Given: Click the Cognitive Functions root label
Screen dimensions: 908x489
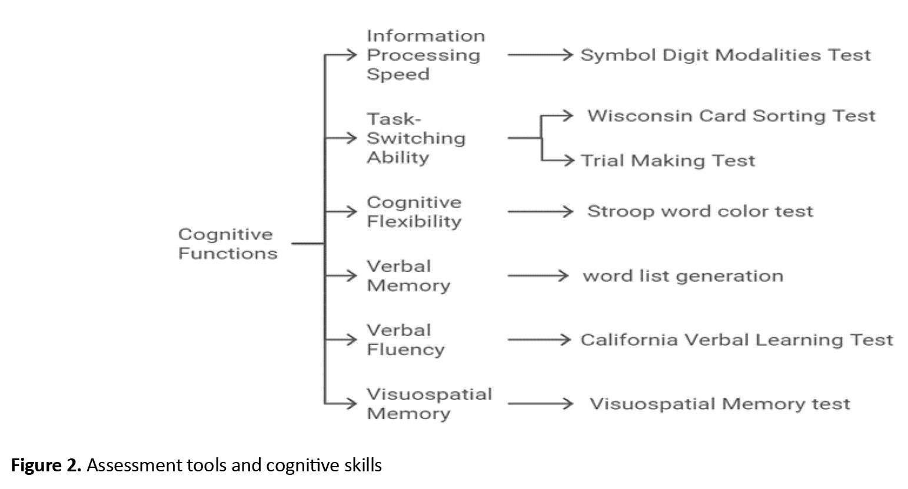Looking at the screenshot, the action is point(228,244).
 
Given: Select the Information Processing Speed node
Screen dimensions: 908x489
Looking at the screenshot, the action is point(425,55).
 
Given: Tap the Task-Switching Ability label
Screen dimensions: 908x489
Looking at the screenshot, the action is point(416,138).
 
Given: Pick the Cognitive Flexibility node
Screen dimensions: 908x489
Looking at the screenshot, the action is point(414,212).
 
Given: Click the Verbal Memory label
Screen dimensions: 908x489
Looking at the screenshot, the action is point(408,276).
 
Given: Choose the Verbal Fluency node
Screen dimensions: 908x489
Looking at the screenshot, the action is point(405,340).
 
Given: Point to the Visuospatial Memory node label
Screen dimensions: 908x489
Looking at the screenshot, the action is point(429,404).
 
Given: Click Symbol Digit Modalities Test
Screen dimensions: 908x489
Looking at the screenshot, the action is point(726,55).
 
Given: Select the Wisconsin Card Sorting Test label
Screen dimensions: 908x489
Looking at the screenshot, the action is point(731,116).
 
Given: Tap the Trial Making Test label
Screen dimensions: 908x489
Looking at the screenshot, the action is point(668,161).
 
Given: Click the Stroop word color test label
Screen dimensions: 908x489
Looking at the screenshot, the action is point(700,211).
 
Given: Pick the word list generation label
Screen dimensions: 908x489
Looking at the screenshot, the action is point(683,276).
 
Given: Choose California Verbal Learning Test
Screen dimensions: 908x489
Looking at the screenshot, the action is point(737,340).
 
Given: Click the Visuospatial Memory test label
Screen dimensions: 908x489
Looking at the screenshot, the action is point(720,404).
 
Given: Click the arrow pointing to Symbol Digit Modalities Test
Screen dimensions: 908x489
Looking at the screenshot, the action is point(540,55).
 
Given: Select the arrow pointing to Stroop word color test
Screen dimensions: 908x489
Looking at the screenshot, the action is point(540,211).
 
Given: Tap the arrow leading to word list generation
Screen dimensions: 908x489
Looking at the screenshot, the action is point(538,276).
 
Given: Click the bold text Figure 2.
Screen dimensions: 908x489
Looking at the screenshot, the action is point(46,465).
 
